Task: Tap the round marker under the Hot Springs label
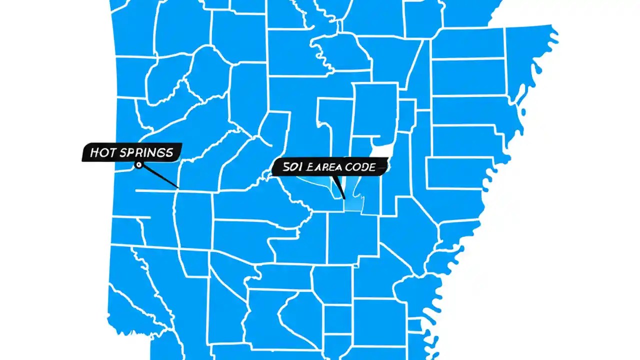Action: point(138,164)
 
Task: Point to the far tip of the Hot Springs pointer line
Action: point(177,187)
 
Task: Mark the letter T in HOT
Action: point(110,153)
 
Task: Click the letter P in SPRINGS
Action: point(128,153)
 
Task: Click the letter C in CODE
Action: point(350,167)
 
